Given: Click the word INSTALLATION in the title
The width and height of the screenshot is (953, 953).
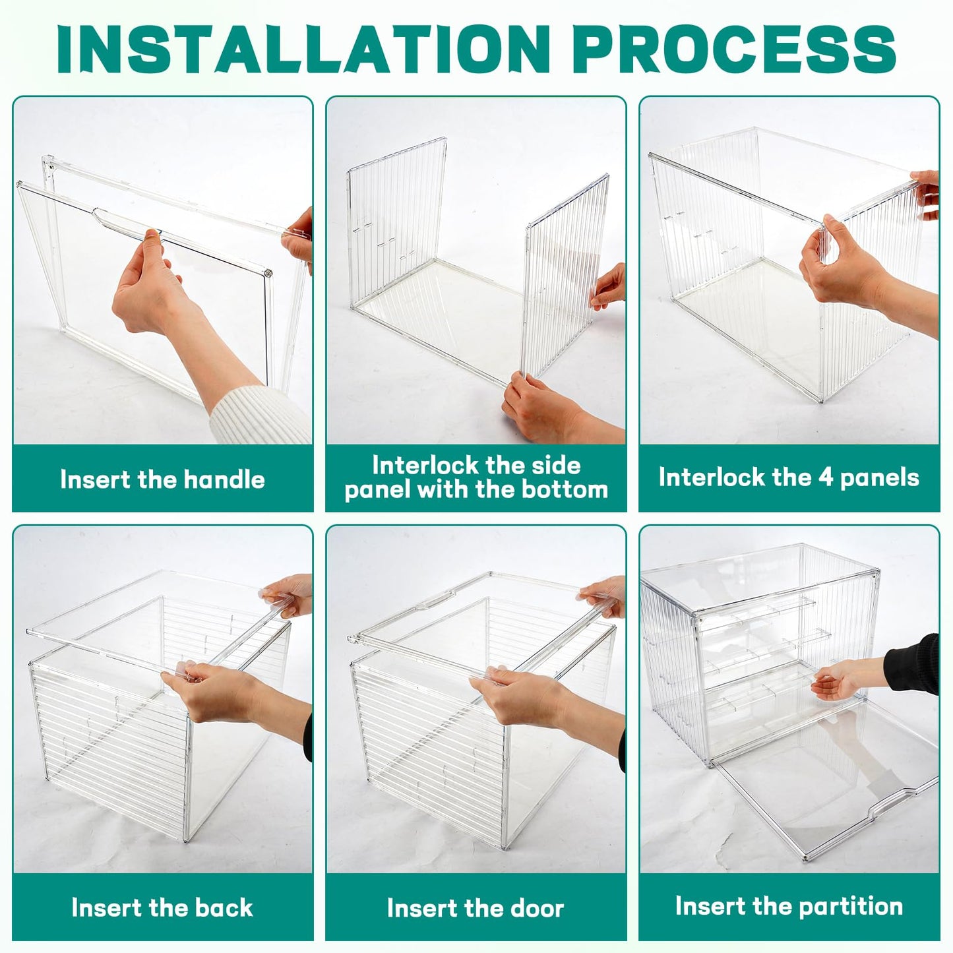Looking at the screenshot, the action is (303, 49).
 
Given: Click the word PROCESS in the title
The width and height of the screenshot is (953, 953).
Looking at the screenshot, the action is (737, 49).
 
